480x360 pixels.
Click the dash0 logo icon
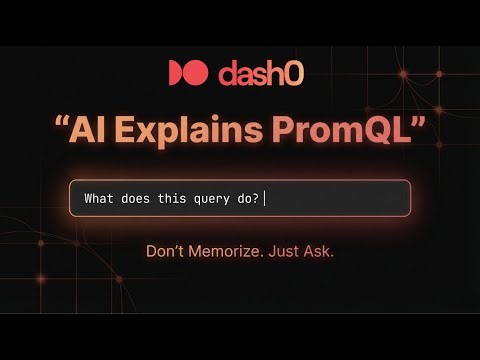coord(187,73)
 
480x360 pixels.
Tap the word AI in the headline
coord(91,128)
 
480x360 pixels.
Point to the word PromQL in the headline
coord(340,130)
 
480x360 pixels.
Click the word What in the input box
coord(99,198)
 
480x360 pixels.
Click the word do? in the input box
coord(249,198)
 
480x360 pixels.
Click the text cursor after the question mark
coord(265,198)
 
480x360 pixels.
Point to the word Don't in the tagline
coord(167,251)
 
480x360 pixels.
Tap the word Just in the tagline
coord(292,251)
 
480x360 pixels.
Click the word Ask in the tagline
coord(321,251)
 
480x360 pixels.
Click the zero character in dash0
coord(298,73)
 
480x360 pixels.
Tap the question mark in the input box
coord(257,198)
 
